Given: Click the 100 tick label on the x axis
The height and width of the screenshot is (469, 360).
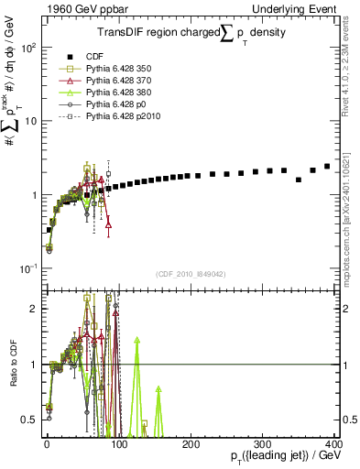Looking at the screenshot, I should [118, 442].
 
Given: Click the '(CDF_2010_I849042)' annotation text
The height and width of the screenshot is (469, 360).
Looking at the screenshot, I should [191, 273].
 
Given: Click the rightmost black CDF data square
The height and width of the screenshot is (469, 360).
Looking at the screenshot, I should [327, 166].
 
